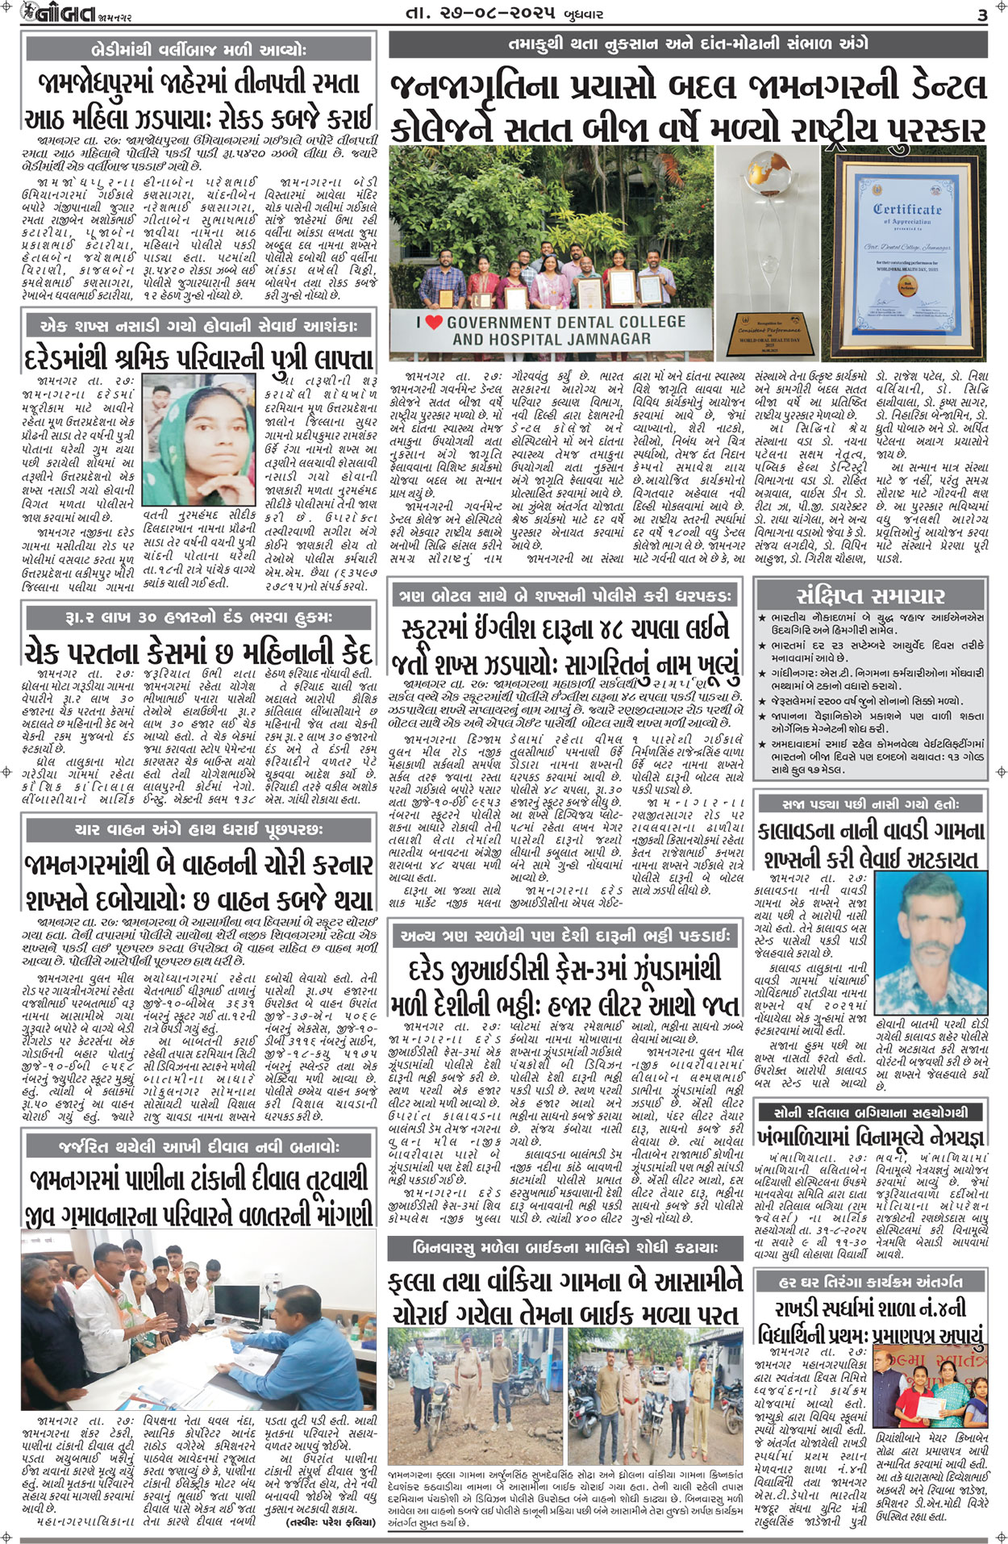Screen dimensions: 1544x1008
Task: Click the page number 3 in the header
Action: pos(981,15)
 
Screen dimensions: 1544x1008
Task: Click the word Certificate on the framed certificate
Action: pos(907,209)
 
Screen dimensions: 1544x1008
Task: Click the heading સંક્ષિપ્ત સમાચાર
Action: pos(870,595)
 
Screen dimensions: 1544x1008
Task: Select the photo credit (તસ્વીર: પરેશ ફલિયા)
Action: pos(331,1521)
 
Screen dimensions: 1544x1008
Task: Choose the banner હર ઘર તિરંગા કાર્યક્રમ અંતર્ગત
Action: pos(870,1281)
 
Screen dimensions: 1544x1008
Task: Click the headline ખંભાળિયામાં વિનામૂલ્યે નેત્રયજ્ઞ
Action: pos(870,1137)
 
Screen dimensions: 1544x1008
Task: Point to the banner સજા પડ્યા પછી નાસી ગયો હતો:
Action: pos(870,803)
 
